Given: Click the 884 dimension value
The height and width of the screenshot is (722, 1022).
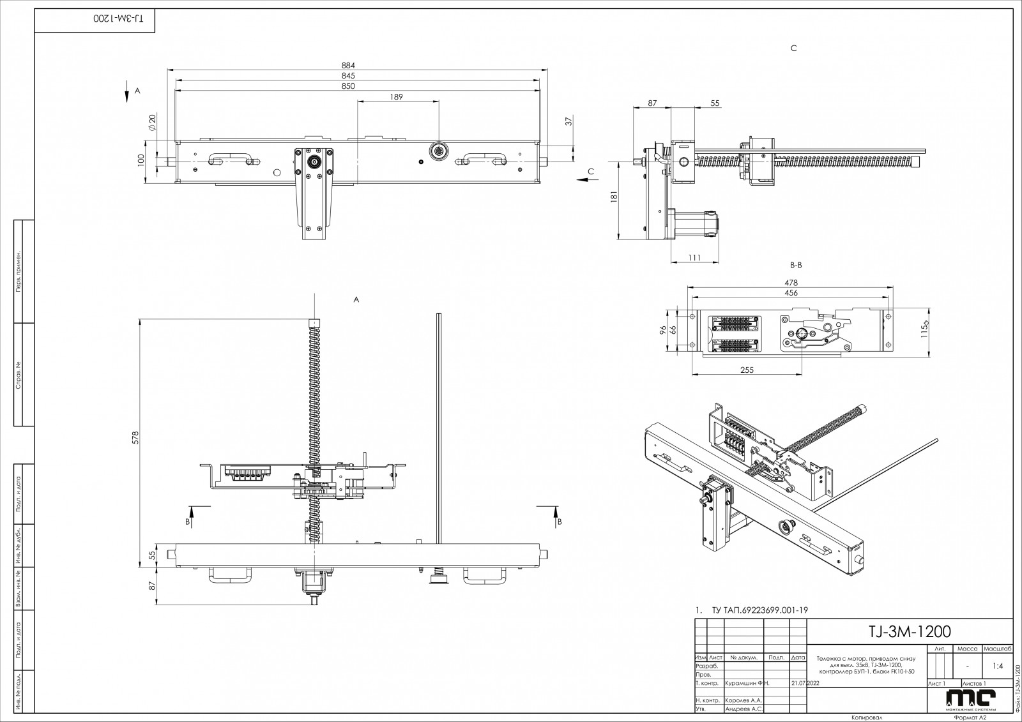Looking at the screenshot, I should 347,65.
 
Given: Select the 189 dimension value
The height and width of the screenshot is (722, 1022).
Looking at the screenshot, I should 396,96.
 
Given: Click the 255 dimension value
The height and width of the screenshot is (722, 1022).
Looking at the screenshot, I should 747,370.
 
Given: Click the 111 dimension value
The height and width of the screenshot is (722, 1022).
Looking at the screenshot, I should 695,257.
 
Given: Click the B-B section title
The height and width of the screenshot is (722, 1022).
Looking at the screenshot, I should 795,264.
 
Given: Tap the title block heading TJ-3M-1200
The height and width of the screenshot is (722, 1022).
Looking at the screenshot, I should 910,631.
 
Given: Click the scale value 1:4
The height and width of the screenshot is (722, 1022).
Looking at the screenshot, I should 997,666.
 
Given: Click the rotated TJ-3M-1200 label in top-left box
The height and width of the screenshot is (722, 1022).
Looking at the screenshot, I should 119,18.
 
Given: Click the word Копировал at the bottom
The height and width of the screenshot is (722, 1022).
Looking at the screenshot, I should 867,718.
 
